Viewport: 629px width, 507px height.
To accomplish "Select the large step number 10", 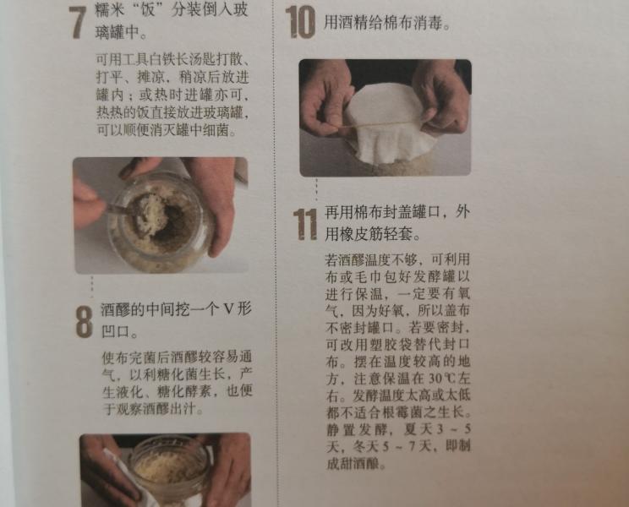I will coord(300,22).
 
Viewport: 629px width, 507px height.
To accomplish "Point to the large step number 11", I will coord(304,224).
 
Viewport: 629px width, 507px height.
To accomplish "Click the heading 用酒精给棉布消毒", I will coord(386,23).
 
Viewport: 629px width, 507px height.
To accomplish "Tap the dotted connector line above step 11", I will coord(317,190).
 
